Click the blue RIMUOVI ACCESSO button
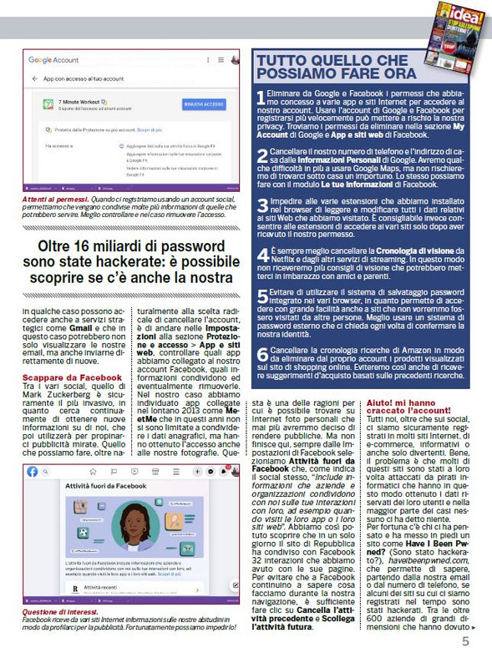[203, 104]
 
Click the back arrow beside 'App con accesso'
[36, 78]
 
